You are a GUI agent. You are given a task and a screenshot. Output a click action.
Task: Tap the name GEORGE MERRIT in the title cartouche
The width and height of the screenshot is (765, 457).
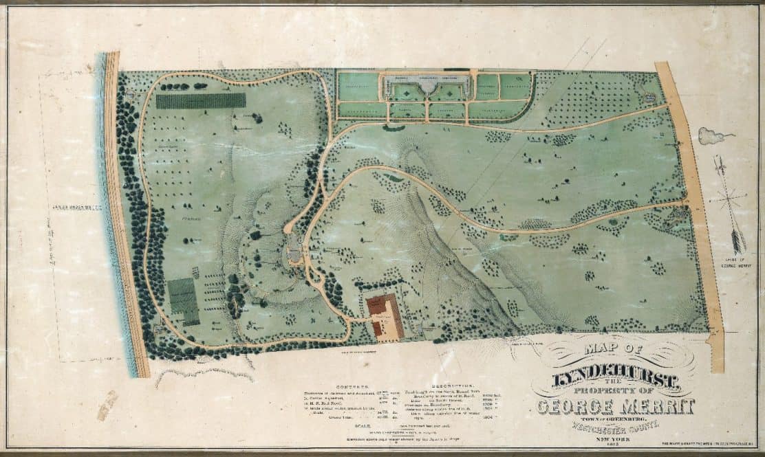[x=614, y=407]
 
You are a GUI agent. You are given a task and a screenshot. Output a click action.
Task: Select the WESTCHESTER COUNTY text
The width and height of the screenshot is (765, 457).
[x=614, y=426]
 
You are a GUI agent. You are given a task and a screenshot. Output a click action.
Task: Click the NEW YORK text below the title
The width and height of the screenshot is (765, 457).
[x=614, y=438]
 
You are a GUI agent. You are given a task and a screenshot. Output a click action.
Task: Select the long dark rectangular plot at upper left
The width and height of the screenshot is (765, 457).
[x=200, y=100]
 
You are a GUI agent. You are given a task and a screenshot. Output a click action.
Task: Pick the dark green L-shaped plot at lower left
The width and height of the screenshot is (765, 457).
[x=183, y=300]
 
